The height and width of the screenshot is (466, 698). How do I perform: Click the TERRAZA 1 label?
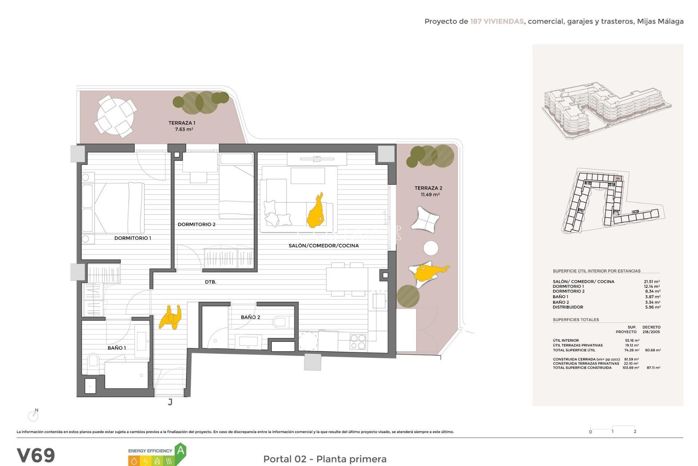click(x=182, y=123)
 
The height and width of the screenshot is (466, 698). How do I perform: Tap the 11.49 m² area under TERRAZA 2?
click(x=430, y=195)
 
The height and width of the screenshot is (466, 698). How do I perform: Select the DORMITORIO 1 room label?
click(x=133, y=238)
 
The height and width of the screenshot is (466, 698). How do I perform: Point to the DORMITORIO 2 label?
click(x=196, y=224)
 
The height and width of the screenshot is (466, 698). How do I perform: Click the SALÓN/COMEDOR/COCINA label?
click(x=324, y=246)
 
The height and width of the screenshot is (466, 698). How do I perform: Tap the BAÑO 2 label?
click(x=250, y=317)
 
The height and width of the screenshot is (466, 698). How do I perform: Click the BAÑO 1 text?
click(x=117, y=348)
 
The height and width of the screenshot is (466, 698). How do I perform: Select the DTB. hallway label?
click(x=210, y=282)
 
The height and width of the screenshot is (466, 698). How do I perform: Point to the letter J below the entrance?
click(x=170, y=402)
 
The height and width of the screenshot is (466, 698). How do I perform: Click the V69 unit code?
click(x=36, y=455)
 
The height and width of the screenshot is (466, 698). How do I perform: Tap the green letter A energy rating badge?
click(x=180, y=451)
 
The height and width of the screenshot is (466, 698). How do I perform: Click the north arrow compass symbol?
click(x=33, y=415)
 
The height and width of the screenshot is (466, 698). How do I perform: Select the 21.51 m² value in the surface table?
click(x=652, y=281)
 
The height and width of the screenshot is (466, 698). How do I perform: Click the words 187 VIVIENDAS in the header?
click(x=497, y=21)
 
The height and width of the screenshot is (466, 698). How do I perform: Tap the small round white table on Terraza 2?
click(x=431, y=248)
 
